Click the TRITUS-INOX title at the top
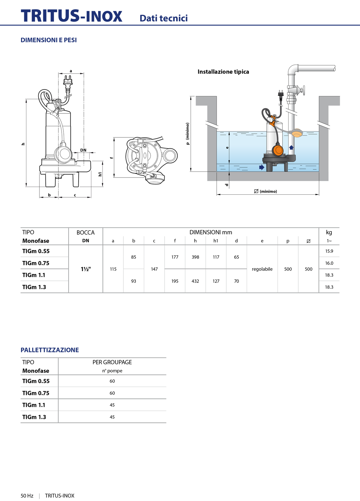(x=71, y=16)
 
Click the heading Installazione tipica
(x=223, y=72)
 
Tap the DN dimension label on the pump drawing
(x=83, y=150)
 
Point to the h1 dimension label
(x=100, y=174)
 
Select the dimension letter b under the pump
(x=49, y=195)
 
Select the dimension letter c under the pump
(x=75, y=195)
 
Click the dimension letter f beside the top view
(x=111, y=158)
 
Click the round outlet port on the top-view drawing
(x=171, y=155)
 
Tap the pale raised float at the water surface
(x=297, y=133)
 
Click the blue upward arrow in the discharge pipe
(x=291, y=147)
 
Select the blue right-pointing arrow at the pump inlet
(x=262, y=167)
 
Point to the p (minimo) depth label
(x=187, y=134)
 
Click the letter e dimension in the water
(x=227, y=148)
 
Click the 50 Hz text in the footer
(x=27, y=496)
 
